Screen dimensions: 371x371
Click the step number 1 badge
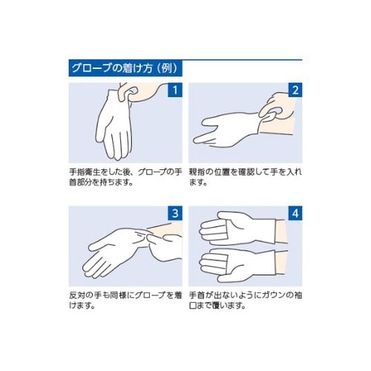175,90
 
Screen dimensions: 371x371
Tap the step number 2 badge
295,90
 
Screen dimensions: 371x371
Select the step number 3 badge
175,213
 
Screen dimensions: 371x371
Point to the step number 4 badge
295,213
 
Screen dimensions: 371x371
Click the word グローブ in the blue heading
91,68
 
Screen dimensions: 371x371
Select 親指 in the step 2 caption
196,172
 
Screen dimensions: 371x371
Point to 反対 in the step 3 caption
76,295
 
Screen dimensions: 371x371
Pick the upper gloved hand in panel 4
237,229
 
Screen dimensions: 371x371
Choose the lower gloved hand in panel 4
237,266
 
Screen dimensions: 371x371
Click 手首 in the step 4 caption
196,295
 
